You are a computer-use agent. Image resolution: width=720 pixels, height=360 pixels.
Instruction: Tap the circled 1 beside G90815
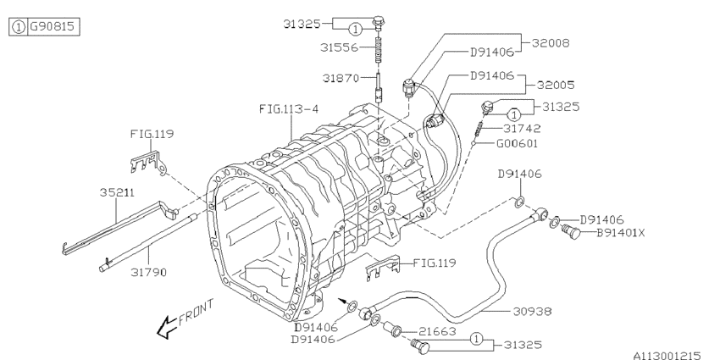17,27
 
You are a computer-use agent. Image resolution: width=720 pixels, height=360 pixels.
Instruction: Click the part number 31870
341,79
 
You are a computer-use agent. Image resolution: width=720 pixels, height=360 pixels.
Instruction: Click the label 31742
523,129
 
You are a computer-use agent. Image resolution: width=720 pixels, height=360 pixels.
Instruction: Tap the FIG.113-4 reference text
288,108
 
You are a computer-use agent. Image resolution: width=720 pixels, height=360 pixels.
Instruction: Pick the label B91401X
622,233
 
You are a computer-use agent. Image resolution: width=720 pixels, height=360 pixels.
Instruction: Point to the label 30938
532,311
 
